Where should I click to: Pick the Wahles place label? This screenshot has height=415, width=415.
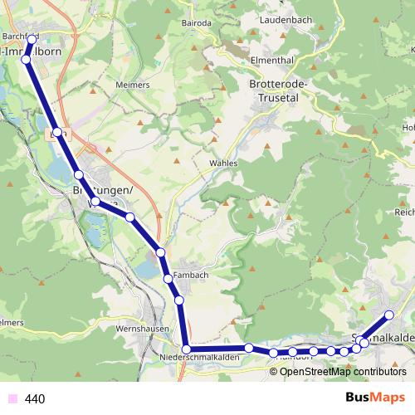click(x=223, y=164)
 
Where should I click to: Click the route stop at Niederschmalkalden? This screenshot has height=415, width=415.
click(x=187, y=349)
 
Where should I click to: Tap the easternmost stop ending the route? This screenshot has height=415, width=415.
click(x=388, y=315)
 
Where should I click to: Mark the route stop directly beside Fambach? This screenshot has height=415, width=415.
click(x=168, y=278)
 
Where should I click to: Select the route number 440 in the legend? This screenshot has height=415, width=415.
click(x=36, y=399)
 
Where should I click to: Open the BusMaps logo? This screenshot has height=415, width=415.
click(x=375, y=398)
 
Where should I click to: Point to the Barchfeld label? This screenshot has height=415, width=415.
click(x=20, y=37)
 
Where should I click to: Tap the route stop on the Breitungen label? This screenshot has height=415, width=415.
click(x=95, y=202)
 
